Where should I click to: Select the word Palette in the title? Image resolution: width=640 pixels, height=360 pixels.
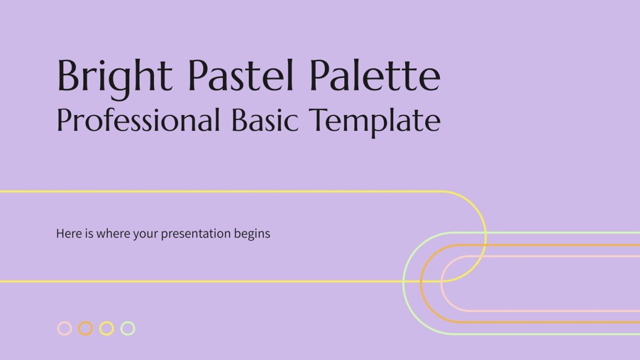pyautogui.click(x=375, y=76)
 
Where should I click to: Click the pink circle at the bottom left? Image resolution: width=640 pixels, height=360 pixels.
pyautogui.click(x=64, y=328)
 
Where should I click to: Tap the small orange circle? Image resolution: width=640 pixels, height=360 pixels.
pyautogui.click(x=85, y=328)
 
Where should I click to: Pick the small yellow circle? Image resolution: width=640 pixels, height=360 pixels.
pyautogui.click(x=106, y=328)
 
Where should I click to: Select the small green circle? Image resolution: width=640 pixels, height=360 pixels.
pyautogui.click(x=127, y=328)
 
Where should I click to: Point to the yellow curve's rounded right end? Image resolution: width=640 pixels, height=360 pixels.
pyautogui.click(x=486, y=236)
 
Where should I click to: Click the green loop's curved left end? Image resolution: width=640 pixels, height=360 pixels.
pyautogui.click(x=404, y=283)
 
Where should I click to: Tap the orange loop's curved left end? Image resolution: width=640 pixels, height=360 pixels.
pyautogui.click(x=421, y=284)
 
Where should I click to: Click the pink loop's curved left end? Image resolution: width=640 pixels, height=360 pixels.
pyautogui.click(x=441, y=284)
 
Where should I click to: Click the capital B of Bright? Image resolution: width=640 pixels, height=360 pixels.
pyautogui.click(x=68, y=76)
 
